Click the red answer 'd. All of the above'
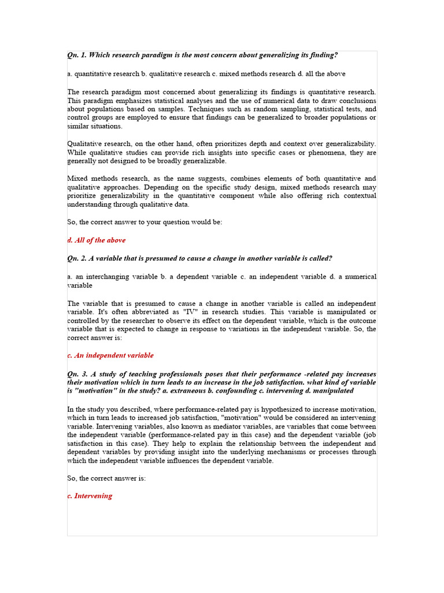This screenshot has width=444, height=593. pos(97,240)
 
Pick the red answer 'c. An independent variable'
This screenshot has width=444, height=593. pos(110,356)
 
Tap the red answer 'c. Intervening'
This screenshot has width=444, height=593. pos(90,496)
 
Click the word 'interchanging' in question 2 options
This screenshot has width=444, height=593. pos(106,277)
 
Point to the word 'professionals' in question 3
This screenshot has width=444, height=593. pos(176,374)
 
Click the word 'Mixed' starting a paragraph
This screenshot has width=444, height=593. pos(78,178)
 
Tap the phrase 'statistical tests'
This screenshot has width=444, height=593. pos(345,109)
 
